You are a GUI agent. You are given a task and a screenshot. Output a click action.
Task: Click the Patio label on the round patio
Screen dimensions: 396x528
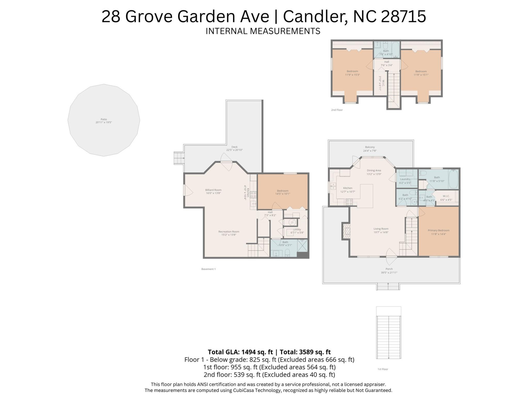[104, 119]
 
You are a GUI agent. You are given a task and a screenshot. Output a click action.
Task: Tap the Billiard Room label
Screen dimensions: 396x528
[213, 190]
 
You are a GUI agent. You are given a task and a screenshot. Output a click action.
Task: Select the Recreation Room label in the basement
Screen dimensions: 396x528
[229, 232]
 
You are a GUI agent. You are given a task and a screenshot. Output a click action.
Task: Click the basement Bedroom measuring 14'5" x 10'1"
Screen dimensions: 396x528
[283, 192]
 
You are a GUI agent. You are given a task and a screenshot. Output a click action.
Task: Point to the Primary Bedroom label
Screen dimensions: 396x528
[438, 230]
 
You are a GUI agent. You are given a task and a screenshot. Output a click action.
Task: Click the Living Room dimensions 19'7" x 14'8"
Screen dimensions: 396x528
[381, 232]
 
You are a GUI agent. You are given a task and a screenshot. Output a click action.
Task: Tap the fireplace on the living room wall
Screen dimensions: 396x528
[346, 231]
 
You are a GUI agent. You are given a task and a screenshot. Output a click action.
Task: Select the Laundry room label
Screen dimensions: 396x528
[405, 179]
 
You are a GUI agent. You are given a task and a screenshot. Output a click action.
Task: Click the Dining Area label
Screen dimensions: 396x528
[374, 170]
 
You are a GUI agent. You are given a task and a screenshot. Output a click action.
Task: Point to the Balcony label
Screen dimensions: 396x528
[370, 147]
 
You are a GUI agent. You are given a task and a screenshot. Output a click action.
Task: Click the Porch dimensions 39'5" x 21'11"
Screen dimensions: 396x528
[389, 273]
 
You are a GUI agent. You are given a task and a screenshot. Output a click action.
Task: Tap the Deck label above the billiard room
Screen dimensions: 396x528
[234, 147]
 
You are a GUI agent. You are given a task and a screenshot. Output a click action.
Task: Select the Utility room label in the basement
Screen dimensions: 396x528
[297, 229]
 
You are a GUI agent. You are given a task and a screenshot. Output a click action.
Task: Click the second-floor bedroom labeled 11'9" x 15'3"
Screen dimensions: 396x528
[352, 73]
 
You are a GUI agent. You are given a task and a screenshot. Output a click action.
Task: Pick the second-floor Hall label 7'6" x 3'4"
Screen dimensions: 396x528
[387, 62]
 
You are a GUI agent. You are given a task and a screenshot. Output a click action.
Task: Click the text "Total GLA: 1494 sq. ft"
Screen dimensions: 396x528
[240, 352]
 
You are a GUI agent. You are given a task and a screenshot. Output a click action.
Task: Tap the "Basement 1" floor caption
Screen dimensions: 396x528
[208, 269]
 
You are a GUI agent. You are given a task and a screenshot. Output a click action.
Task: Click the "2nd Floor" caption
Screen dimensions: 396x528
[337, 110]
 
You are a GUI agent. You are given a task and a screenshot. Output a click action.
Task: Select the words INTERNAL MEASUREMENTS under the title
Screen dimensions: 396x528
[263, 31]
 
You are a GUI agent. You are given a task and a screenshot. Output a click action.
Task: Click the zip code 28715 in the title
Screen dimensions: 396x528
[403, 16]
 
